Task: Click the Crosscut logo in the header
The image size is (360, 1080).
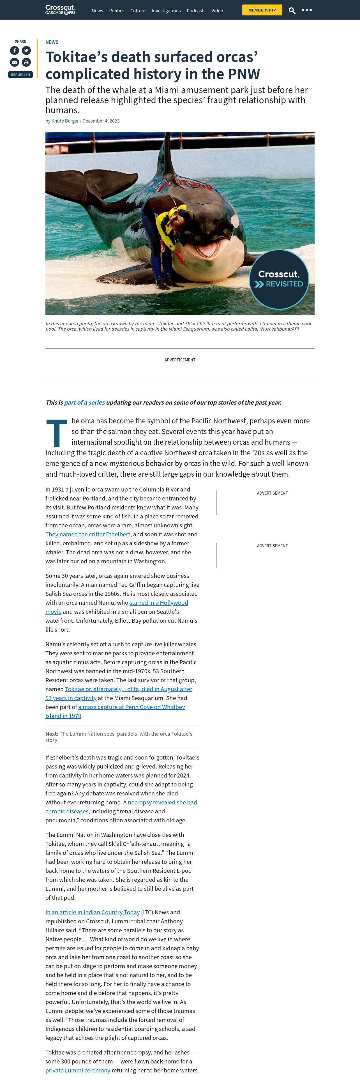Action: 60,10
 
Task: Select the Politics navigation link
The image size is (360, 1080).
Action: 117,10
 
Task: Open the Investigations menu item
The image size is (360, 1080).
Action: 166,10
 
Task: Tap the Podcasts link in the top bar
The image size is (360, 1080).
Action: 196,10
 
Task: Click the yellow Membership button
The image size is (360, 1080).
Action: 262,10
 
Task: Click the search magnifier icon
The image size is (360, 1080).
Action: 292,10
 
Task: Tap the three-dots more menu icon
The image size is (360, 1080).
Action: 307,10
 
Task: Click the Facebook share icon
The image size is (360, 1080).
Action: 15,50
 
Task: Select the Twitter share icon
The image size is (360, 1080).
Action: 26,50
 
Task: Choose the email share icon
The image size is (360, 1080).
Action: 15,62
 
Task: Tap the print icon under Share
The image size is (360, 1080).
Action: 26,62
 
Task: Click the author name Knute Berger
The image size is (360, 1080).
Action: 65,121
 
